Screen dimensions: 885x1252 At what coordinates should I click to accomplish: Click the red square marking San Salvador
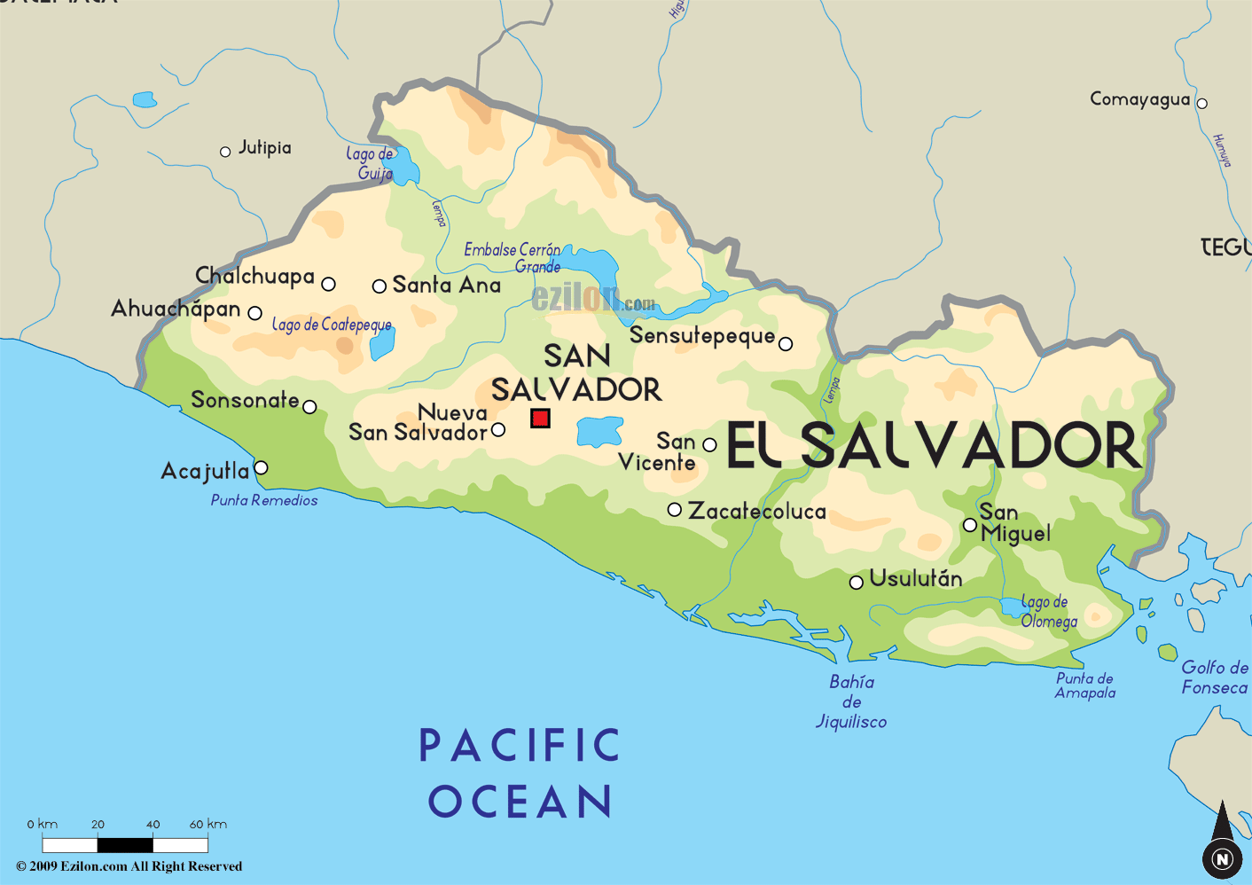[540, 418]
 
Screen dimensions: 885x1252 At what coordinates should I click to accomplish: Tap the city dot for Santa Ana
[379, 286]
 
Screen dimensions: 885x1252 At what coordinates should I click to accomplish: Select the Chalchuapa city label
[254, 276]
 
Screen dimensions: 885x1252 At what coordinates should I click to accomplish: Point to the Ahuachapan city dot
[254, 313]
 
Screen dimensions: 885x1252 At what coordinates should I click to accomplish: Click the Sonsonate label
[245, 400]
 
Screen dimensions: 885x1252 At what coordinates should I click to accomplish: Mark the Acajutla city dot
[261, 467]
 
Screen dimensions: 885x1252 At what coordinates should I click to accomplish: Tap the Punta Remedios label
[264, 500]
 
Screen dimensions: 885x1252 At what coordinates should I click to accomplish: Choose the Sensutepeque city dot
[785, 344]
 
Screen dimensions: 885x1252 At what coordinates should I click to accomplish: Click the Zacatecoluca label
[757, 511]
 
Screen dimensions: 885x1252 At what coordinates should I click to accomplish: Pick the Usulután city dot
[856, 583]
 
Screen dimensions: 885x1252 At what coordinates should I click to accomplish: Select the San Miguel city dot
[970, 526]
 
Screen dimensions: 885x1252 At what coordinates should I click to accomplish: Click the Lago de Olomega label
[1048, 612]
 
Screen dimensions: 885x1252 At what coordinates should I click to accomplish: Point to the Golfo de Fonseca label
[1214, 677]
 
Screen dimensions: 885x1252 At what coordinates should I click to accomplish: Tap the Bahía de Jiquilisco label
[851, 701]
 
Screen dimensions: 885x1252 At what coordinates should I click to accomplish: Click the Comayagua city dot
[1201, 103]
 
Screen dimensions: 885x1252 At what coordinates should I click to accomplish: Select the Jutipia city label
[264, 147]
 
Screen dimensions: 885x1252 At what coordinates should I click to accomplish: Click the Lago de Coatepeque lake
[381, 343]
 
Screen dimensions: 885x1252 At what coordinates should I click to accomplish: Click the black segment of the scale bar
[125, 845]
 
